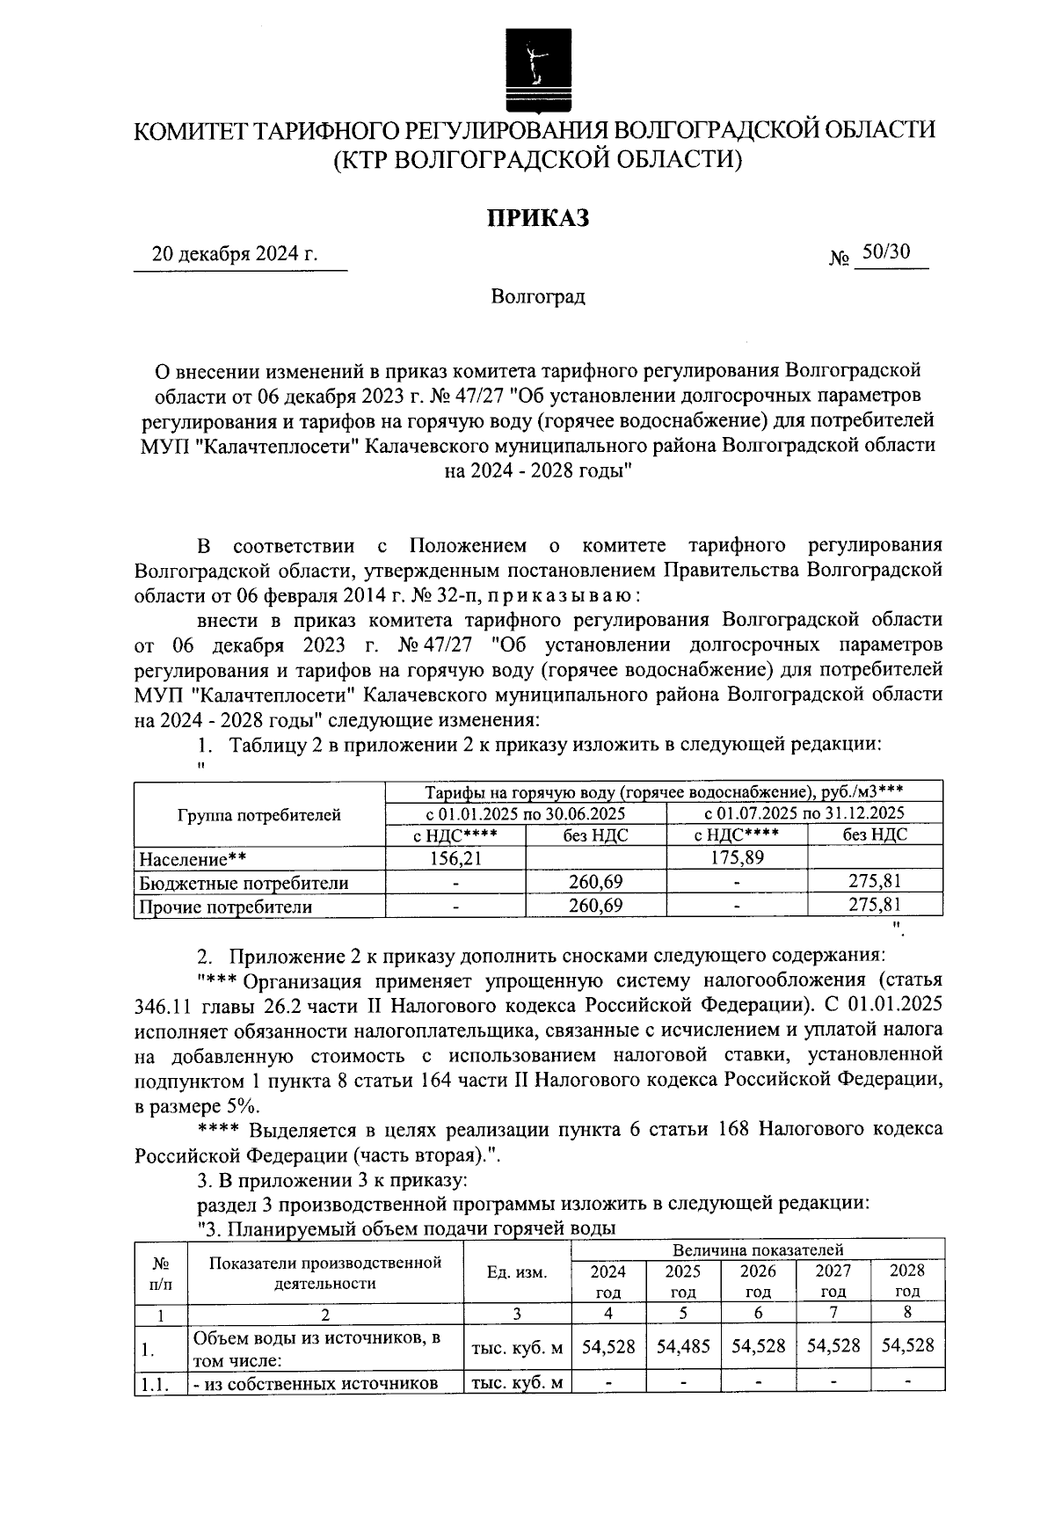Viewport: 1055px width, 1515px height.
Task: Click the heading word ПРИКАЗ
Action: (538, 217)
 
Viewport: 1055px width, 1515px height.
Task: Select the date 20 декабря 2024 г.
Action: (235, 255)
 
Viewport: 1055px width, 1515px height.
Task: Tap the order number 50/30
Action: (885, 253)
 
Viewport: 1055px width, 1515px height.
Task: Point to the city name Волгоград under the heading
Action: (538, 297)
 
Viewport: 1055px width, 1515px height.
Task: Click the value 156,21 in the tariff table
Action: (455, 857)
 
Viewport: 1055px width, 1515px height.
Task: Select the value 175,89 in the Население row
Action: (736, 857)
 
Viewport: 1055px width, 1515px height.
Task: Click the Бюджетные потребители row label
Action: (244, 883)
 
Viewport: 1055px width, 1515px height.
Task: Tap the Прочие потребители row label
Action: (226, 907)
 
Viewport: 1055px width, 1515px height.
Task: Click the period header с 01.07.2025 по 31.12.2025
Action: (804, 812)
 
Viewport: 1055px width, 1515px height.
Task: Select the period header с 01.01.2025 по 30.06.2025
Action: (526, 812)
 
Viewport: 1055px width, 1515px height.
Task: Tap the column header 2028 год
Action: (907, 1280)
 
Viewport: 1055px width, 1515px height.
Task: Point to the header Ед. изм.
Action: (516, 1272)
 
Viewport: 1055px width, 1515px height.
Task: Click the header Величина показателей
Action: (758, 1249)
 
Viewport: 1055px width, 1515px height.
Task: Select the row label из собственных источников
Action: (316, 1383)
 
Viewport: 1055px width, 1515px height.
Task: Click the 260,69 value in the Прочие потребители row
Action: (595, 907)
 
